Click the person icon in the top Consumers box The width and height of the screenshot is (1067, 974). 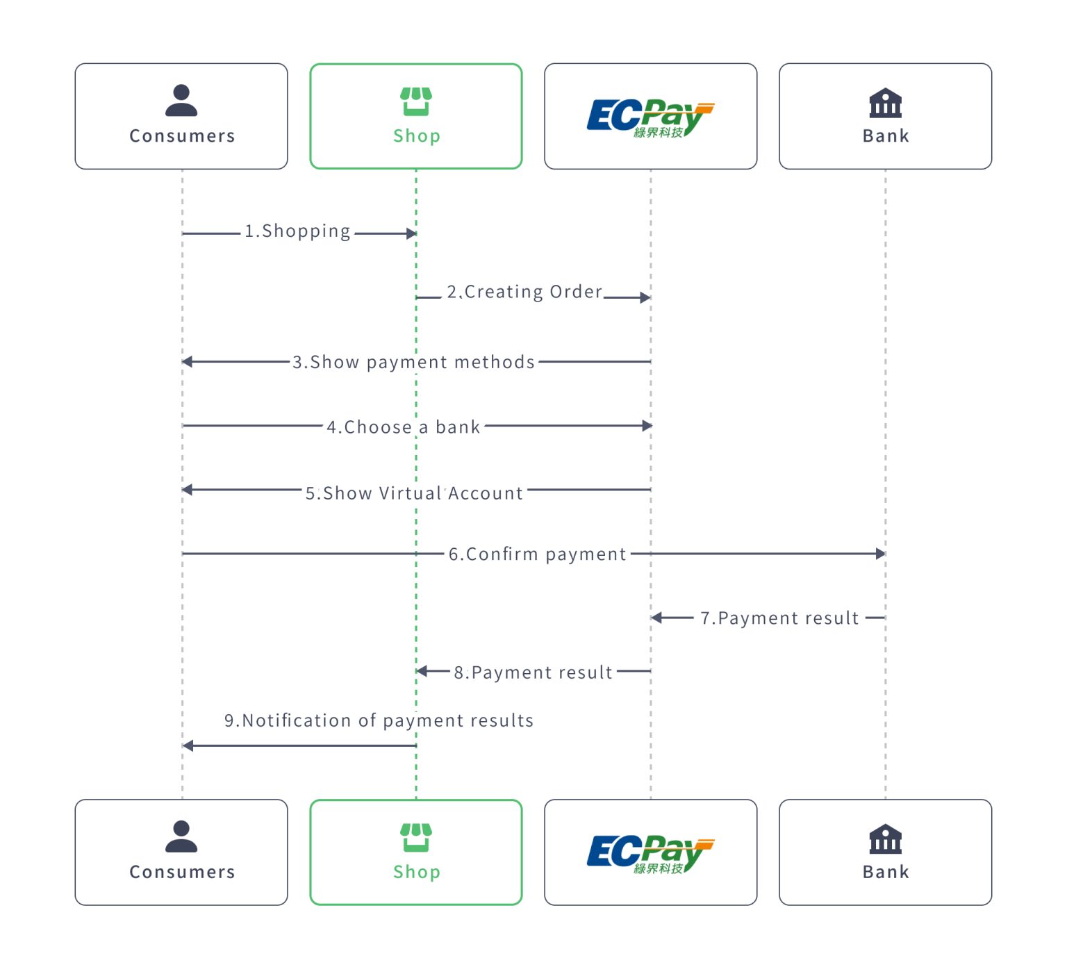181,100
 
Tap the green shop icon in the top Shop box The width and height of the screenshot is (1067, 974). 415,101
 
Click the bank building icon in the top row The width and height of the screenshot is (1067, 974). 885,103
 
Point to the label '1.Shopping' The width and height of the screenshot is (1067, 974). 297,231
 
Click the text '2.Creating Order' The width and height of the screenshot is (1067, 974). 524,292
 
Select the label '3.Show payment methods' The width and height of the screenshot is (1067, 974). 413,362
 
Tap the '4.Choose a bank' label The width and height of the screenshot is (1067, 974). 404,427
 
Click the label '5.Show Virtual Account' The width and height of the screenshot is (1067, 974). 414,493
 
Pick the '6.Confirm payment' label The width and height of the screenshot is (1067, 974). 537,554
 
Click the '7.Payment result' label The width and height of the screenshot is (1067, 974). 779,618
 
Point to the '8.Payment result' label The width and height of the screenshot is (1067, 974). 533,672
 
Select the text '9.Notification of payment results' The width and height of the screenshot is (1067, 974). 379,720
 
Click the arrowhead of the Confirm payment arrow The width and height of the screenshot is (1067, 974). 880,554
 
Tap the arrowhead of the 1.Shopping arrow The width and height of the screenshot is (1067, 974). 411,233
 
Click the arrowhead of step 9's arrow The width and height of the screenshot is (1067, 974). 188,745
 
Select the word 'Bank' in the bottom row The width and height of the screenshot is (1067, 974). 886,872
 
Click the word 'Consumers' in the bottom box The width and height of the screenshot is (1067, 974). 182,872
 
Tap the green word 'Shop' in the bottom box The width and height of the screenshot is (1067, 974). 416,872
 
